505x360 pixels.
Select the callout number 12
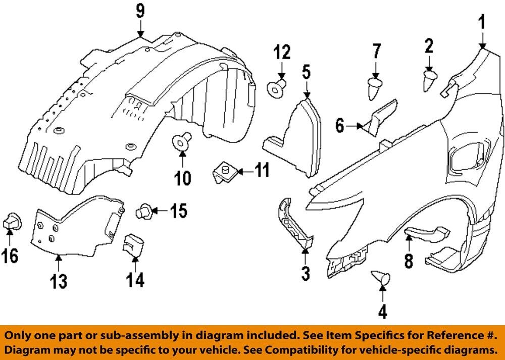(283, 52)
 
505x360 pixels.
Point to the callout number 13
(59, 281)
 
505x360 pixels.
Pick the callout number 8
(408, 260)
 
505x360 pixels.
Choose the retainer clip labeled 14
(132, 243)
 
